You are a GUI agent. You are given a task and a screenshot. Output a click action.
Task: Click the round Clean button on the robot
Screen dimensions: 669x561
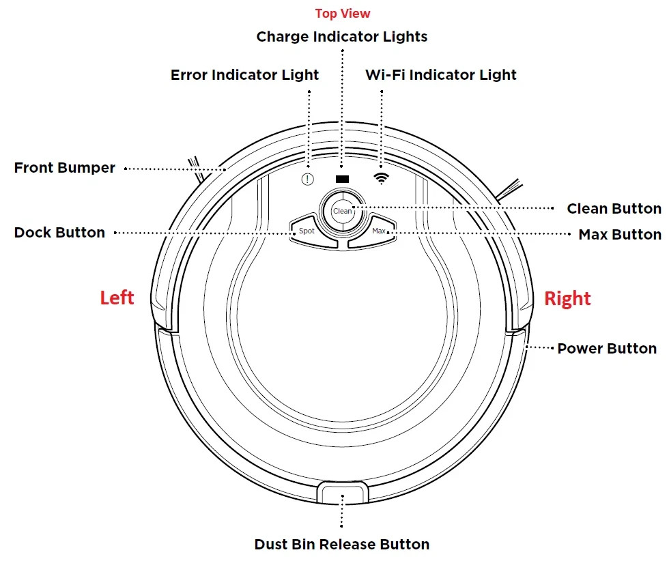click(x=342, y=211)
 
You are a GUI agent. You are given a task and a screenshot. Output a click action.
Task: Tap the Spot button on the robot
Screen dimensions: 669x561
click(x=307, y=231)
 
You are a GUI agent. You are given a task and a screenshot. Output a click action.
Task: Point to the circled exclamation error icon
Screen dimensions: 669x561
click(x=308, y=180)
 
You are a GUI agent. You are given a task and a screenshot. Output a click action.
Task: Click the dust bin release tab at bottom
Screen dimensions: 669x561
click(x=342, y=492)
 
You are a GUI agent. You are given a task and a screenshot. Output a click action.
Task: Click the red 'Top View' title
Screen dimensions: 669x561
click(x=343, y=14)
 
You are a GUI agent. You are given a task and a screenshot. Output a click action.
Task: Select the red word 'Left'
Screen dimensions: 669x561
click(x=117, y=298)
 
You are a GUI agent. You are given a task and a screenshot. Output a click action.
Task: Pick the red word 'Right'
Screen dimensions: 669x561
click(x=567, y=299)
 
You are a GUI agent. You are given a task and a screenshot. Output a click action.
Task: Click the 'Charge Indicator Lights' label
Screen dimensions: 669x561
click(x=342, y=37)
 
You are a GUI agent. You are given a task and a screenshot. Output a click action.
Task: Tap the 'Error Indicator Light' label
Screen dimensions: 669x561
click(x=244, y=75)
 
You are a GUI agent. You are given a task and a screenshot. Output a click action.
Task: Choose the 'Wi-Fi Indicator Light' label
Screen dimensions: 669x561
click(x=441, y=75)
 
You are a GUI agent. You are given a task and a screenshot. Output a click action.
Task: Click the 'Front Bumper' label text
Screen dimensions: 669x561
click(x=65, y=168)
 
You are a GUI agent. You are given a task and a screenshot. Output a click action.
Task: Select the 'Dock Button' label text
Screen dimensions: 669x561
click(x=59, y=233)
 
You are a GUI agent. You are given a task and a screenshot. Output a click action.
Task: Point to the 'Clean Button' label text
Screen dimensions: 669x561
click(x=614, y=209)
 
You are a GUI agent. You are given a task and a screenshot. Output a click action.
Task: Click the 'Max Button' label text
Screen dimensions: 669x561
click(x=620, y=235)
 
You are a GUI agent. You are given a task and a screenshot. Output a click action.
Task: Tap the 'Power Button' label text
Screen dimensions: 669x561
click(x=607, y=349)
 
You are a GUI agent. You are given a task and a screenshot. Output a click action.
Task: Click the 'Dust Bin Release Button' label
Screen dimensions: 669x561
click(x=342, y=545)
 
